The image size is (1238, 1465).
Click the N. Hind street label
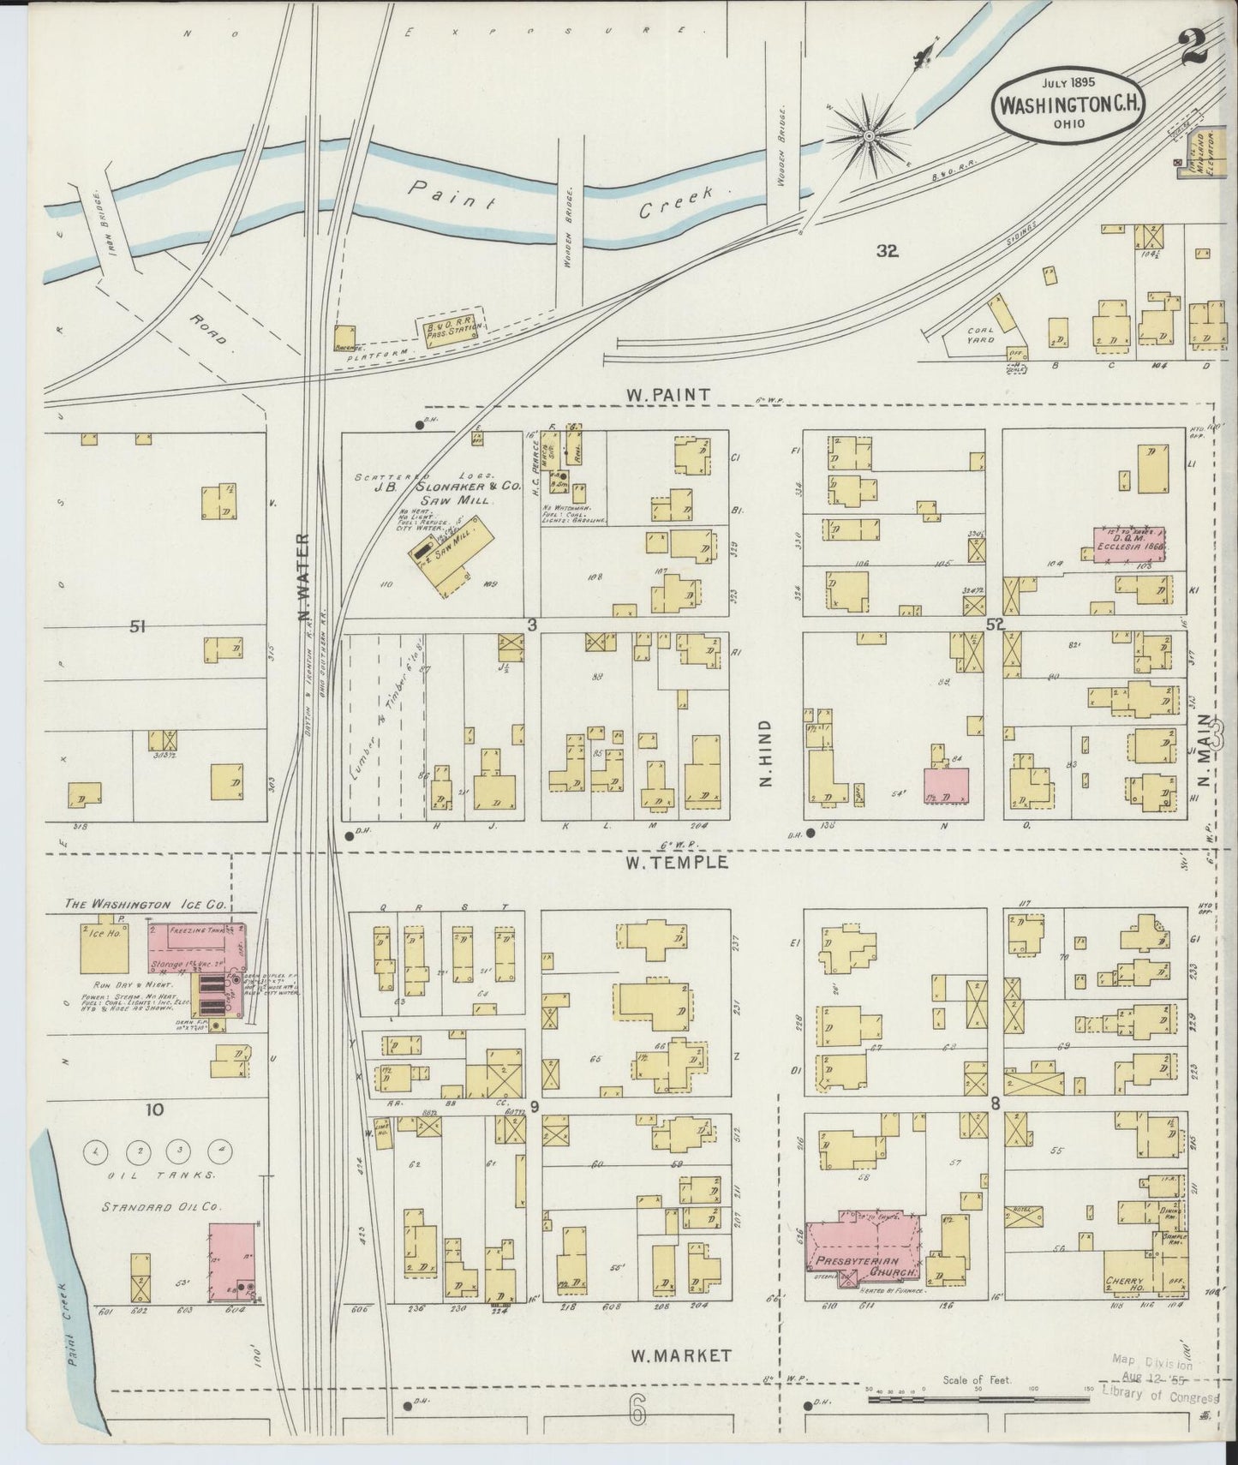[766, 753]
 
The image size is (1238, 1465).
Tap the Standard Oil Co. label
[162, 1206]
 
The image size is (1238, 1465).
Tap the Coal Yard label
[981, 334]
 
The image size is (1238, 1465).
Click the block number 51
[137, 627]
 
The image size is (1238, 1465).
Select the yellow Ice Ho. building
[104, 948]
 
